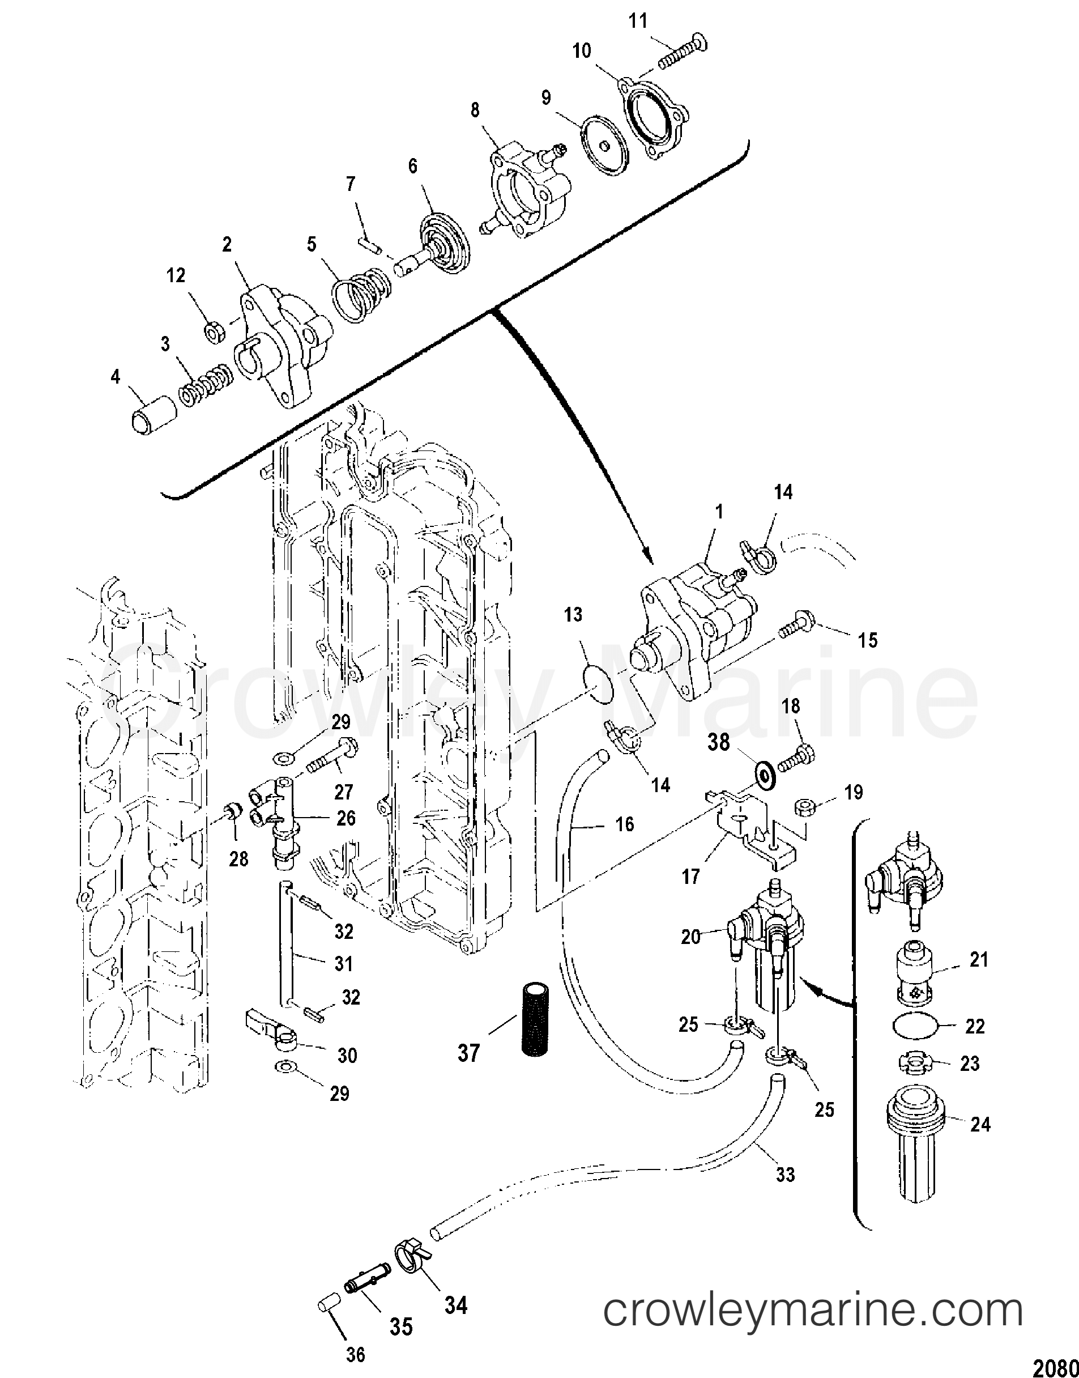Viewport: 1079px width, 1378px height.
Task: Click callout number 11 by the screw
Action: coord(638,21)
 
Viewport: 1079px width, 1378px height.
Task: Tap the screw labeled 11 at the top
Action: coord(684,53)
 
